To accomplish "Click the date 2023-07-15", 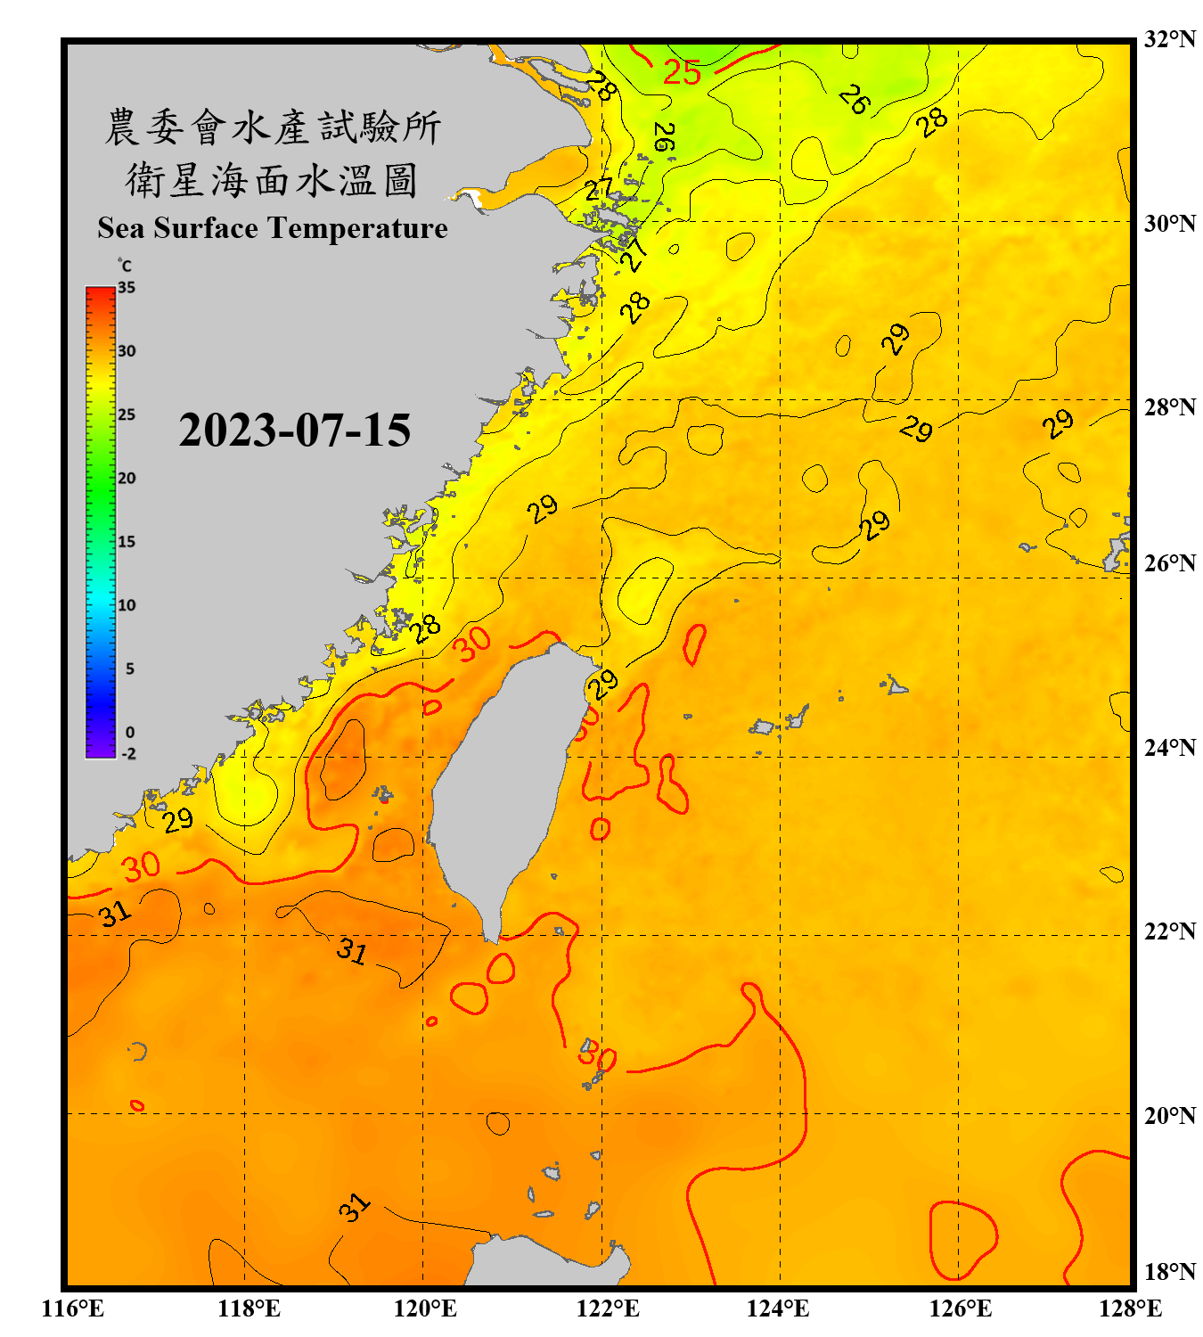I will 294,431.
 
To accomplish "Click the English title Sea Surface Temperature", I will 273,228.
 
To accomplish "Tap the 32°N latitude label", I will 1169,39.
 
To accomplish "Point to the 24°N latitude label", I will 1169,747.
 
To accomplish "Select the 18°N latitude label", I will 1169,1272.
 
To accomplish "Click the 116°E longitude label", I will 73,1308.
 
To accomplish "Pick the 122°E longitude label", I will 608,1308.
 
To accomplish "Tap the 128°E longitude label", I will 1130,1308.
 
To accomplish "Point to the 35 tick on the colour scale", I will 127,288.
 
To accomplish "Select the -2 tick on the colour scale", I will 128,754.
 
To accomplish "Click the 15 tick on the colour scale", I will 127,542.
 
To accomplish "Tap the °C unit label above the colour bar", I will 125,266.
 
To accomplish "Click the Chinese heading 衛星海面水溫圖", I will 272,180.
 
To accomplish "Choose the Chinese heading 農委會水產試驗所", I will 273,127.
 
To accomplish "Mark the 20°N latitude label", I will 1169,1115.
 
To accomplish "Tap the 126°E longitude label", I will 960,1308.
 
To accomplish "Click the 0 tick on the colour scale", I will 130,733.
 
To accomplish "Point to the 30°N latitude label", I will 1169,224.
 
